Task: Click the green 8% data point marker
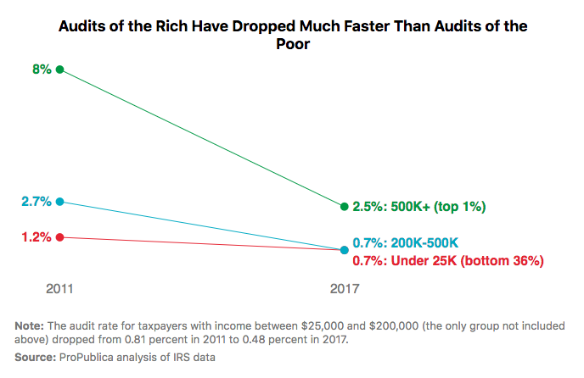click(59, 69)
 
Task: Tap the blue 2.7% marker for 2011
click(59, 202)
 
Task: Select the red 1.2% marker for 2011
click(59, 237)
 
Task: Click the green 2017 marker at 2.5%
click(344, 206)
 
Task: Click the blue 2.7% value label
click(37, 202)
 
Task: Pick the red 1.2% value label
click(37, 237)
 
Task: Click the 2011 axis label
click(59, 288)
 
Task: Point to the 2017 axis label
click(344, 288)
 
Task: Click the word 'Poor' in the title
click(293, 45)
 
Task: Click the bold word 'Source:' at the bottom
click(36, 358)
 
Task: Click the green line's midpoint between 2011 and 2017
click(202, 138)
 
